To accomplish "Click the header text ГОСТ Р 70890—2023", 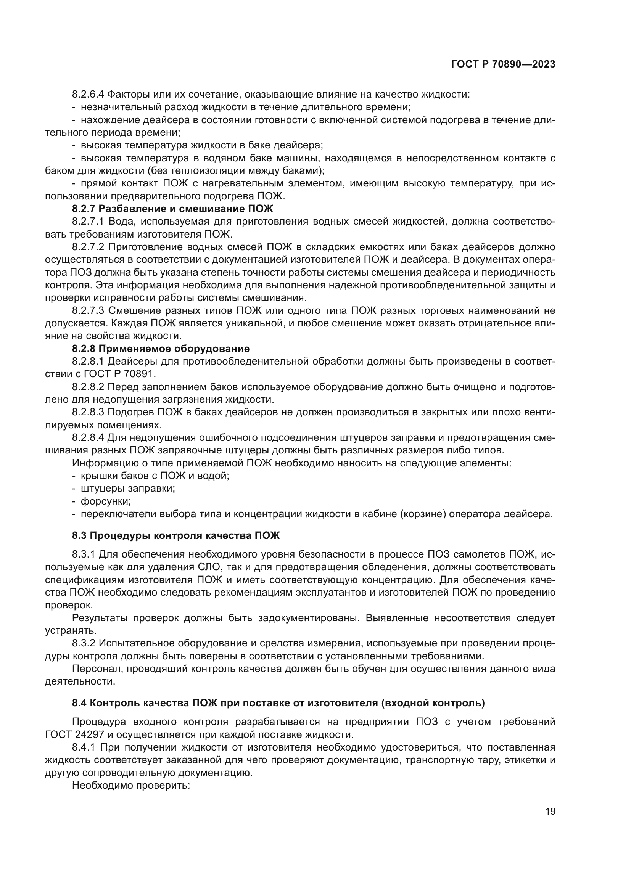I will (x=503, y=64).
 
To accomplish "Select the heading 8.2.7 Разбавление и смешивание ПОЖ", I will (x=172, y=209).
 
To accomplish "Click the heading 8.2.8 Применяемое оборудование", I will (x=161, y=349).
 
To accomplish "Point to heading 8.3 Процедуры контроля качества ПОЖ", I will (x=175, y=535).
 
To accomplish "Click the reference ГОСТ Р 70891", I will (x=124, y=374).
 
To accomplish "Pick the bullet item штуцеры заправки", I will (x=127, y=489).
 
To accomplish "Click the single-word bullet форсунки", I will (x=105, y=501).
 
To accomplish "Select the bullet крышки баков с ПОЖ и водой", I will (x=155, y=476).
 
